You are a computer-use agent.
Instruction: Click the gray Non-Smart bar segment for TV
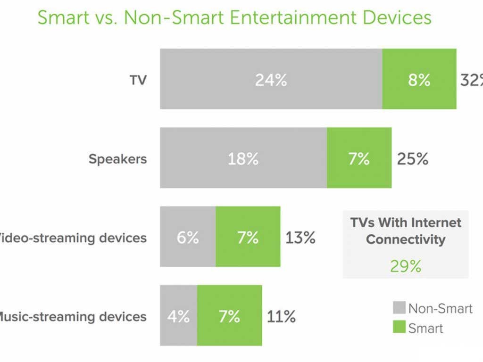(271, 79)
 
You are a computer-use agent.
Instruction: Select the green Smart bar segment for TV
(419, 79)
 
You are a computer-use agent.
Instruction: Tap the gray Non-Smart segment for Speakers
(243, 158)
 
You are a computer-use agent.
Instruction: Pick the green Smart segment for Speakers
(359, 158)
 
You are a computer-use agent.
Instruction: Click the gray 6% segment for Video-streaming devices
(188, 237)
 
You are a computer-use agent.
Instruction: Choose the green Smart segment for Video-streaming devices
(248, 237)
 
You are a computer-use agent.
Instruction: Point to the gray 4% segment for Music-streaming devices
(178, 315)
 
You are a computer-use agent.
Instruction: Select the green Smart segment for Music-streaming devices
(229, 315)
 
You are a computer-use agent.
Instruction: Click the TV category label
(138, 80)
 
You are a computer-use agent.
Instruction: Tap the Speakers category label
(117, 159)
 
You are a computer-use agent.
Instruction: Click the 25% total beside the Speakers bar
(412, 159)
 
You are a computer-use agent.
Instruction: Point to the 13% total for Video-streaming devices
(300, 238)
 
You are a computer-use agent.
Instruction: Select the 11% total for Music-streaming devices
(281, 316)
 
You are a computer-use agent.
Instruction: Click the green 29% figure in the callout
(406, 266)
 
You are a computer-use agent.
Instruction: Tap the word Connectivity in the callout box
(406, 239)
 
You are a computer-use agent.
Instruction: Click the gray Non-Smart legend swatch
(399, 308)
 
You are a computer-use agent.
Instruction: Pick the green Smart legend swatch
(399, 327)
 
